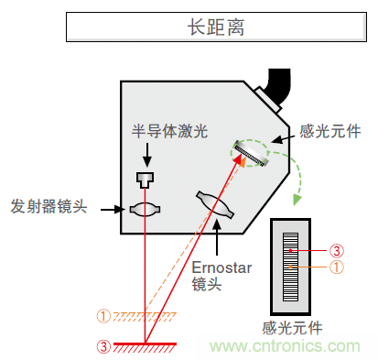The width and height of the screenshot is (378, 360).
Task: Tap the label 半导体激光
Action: (x=170, y=131)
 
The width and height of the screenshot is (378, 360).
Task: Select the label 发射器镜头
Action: (x=49, y=205)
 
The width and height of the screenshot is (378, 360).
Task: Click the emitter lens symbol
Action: (x=144, y=209)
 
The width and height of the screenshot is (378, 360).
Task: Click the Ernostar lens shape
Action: (x=217, y=205)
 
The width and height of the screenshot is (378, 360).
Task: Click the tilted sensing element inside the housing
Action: (x=250, y=152)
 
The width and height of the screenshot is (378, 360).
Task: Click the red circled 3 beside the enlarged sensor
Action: (x=337, y=249)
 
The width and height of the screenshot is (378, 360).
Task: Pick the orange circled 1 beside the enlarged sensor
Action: (x=337, y=267)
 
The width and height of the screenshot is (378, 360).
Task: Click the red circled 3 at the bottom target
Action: (x=103, y=345)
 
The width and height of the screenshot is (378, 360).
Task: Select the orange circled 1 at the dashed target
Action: (x=103, y=317)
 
